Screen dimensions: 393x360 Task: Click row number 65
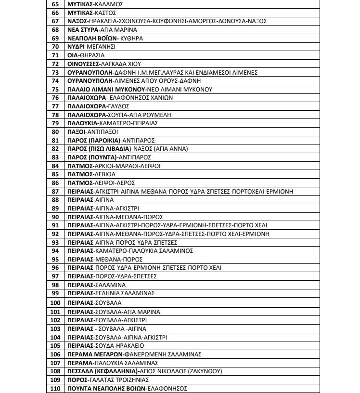(x=55, y=4)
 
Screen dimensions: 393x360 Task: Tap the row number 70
(x=55, y=47)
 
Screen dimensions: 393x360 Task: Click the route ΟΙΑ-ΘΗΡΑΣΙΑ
(x=86, y=55)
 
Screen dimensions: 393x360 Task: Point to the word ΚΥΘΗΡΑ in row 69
(x=118, y=38)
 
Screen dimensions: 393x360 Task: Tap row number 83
(x=55, y=157)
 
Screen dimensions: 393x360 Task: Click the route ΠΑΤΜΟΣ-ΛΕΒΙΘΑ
(x=91, y=174)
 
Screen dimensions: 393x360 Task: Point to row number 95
(x=55, y=260)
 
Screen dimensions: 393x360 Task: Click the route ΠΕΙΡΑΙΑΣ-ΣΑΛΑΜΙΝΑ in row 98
(x=97, y=285)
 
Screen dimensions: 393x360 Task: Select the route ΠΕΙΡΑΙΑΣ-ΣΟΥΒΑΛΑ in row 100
(x=95, y=303)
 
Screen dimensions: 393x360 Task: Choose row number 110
(x=55, y=389)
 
